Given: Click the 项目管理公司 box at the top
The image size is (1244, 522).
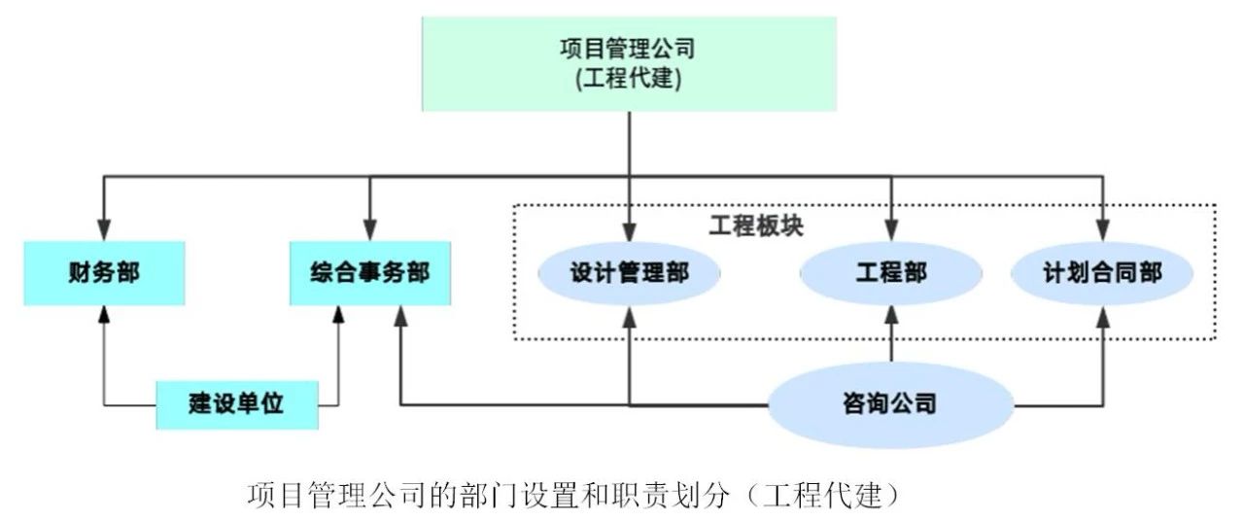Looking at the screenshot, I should click(629, 63).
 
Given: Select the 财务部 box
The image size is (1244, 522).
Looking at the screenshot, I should click(104, 273).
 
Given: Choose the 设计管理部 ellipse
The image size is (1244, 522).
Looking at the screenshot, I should click(630, 273).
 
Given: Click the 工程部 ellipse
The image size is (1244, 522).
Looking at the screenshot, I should click(891, 273).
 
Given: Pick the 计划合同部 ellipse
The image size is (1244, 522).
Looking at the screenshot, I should click(1101, 273).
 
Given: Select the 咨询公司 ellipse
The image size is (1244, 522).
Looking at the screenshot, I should click(890, 403).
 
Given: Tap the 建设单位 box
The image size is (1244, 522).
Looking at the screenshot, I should click(237, 403).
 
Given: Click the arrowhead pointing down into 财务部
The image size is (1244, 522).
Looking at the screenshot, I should click(104, 232).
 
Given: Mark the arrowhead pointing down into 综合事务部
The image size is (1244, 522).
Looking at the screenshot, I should click(369, 232).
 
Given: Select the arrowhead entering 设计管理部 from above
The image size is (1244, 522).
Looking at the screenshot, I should click(630, 232).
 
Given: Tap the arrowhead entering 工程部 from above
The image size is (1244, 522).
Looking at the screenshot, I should click(891, 232).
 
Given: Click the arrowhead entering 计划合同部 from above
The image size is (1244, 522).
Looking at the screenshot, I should click(1103, 232).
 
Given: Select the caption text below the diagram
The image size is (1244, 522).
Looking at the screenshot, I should click(573, 496).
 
